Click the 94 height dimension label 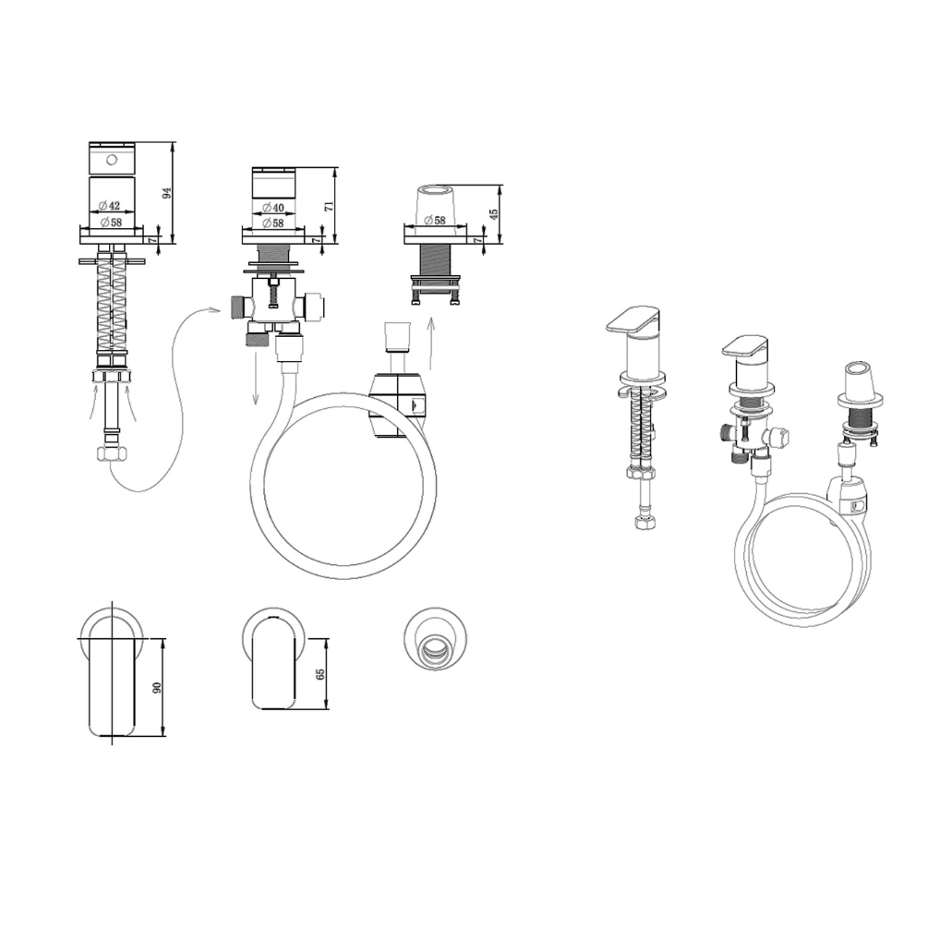tap(167, 192)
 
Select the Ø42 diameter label tap(110, 205)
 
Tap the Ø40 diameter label tap(273, 207)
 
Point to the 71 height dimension tap(330, 206)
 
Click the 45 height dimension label tap(494, 213)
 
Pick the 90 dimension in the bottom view tap(157, 688)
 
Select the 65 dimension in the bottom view tap(320, 674)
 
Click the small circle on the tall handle tap(112, 160)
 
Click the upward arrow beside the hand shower tap(431, 343)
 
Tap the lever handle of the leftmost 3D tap tap(633, 319)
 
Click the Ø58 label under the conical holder tap(435, 220)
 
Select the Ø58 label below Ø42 tap(111, 223)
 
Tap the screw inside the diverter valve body tap(272, 295)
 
